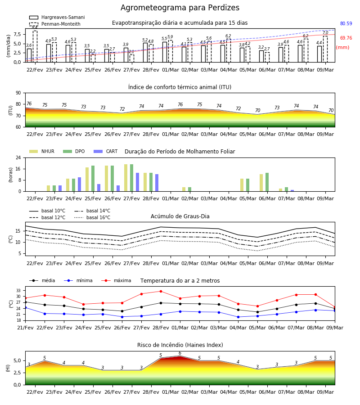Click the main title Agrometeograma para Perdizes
[180, 8]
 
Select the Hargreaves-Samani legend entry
[57, 17]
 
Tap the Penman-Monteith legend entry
[55, 24]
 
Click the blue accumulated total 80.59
[346, 23]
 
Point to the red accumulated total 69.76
[346, 38]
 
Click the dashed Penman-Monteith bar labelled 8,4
[35, 46]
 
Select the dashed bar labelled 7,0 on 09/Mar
[325, 49]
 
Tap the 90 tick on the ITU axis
[18, 93]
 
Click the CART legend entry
[106, 151]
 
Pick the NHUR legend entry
[42, 151]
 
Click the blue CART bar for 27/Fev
[137, 182]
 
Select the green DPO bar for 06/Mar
[267, 182]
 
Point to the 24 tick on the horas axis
[18, 157]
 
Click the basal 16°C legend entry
[92, 217]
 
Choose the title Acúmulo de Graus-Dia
[180, 216]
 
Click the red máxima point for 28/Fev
[161, 291]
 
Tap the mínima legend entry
[78, 280]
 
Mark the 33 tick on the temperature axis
[18, 291]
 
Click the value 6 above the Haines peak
[180, 353]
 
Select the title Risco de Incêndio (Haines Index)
[180, 345]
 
